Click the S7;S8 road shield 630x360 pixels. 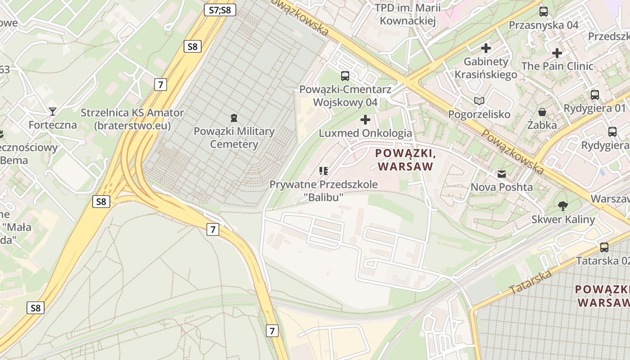pyautogui.click(x=220, y=10)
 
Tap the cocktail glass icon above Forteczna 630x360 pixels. pyautogui.click(x=53, y=111)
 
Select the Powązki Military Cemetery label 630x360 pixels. pyautogui.click(x=234, y=138)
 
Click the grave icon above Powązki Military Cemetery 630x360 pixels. pyautogui.click(x=234, y=118)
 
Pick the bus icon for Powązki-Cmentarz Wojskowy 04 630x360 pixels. pyautogui.click(x=345, y=76)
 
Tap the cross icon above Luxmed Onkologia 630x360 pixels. pyautogui.click(x=365, y=120)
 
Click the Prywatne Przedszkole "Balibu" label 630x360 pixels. pyautogui.click(x=323, y=190)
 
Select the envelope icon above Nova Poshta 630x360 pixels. pyautogui.click(x=501, y=174)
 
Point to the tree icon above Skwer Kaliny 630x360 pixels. pyautogui.click(x=562, y=206)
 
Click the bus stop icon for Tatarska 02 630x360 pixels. pyautogui.click(x=604, y=247)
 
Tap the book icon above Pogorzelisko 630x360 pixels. pyautogui.click(x=479, y=101)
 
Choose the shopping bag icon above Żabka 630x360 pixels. pyautogui.click(x=542, y=112)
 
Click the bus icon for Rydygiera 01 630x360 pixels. pyautogui.click(x=594, y=94)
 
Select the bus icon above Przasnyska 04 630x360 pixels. pyautogui.click(x=544, y=12)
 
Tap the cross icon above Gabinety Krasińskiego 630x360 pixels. pyautogui.click(x=486, y=48)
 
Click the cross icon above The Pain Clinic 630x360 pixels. pyautogui.click(x=557, y=53)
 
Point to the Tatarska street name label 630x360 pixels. pyautogui.click(x=531, y=282)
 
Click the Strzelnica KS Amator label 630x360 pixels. pyautogui.click(x=132, y=119)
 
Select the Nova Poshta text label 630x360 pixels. pyautogui.click(x=501, y=187)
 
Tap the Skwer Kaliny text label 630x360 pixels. pyautogui.click(x=563, y=219)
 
